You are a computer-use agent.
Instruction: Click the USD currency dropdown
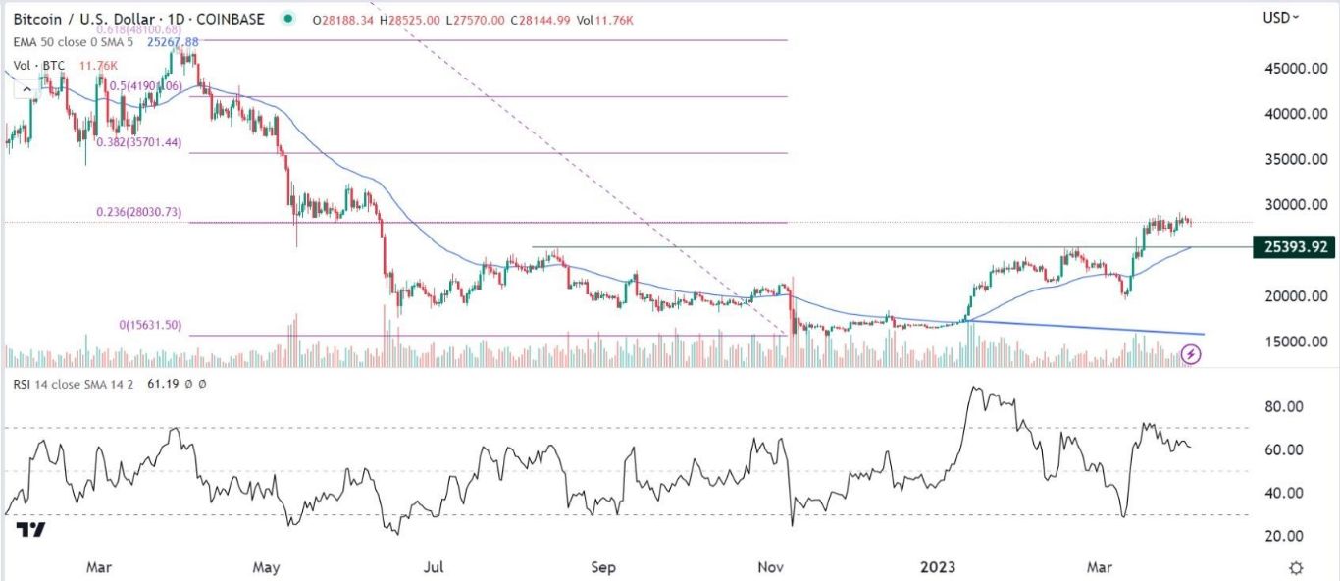pos(1280,17)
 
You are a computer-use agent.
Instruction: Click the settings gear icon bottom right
pos(1296,568)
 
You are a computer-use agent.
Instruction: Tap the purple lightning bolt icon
pos(1191,353)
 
